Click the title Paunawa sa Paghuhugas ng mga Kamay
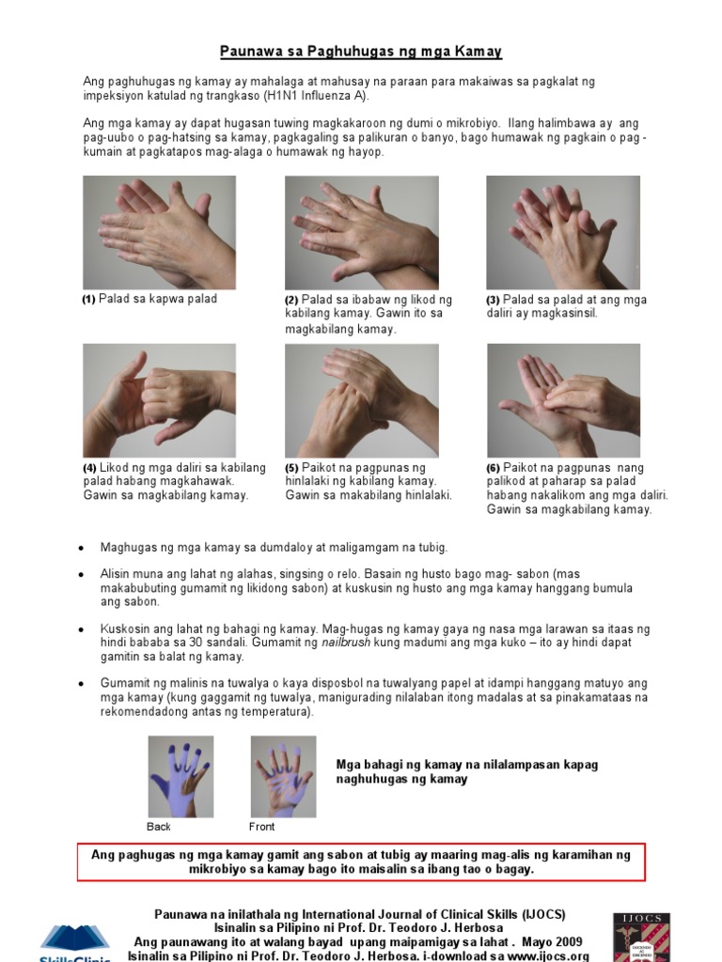pos(361,51)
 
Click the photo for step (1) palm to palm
pos(159,232)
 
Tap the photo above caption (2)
pos(361,232)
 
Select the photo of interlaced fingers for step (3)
pos(562,232)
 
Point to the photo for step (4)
pos(159,400)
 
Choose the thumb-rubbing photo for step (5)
pos(361,400)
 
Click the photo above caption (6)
pos(562,400)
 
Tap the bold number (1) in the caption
pos(88,300)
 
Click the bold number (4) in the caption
pos(89,468)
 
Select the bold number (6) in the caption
pos(493,468)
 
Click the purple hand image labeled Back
pos(180,777)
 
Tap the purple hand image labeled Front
pos(283,777)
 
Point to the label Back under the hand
pos(159,827)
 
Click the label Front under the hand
pos(261,827)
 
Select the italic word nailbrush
pos(344,643)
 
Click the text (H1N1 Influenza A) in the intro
pos(305,96)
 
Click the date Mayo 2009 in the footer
pos(546,941)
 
